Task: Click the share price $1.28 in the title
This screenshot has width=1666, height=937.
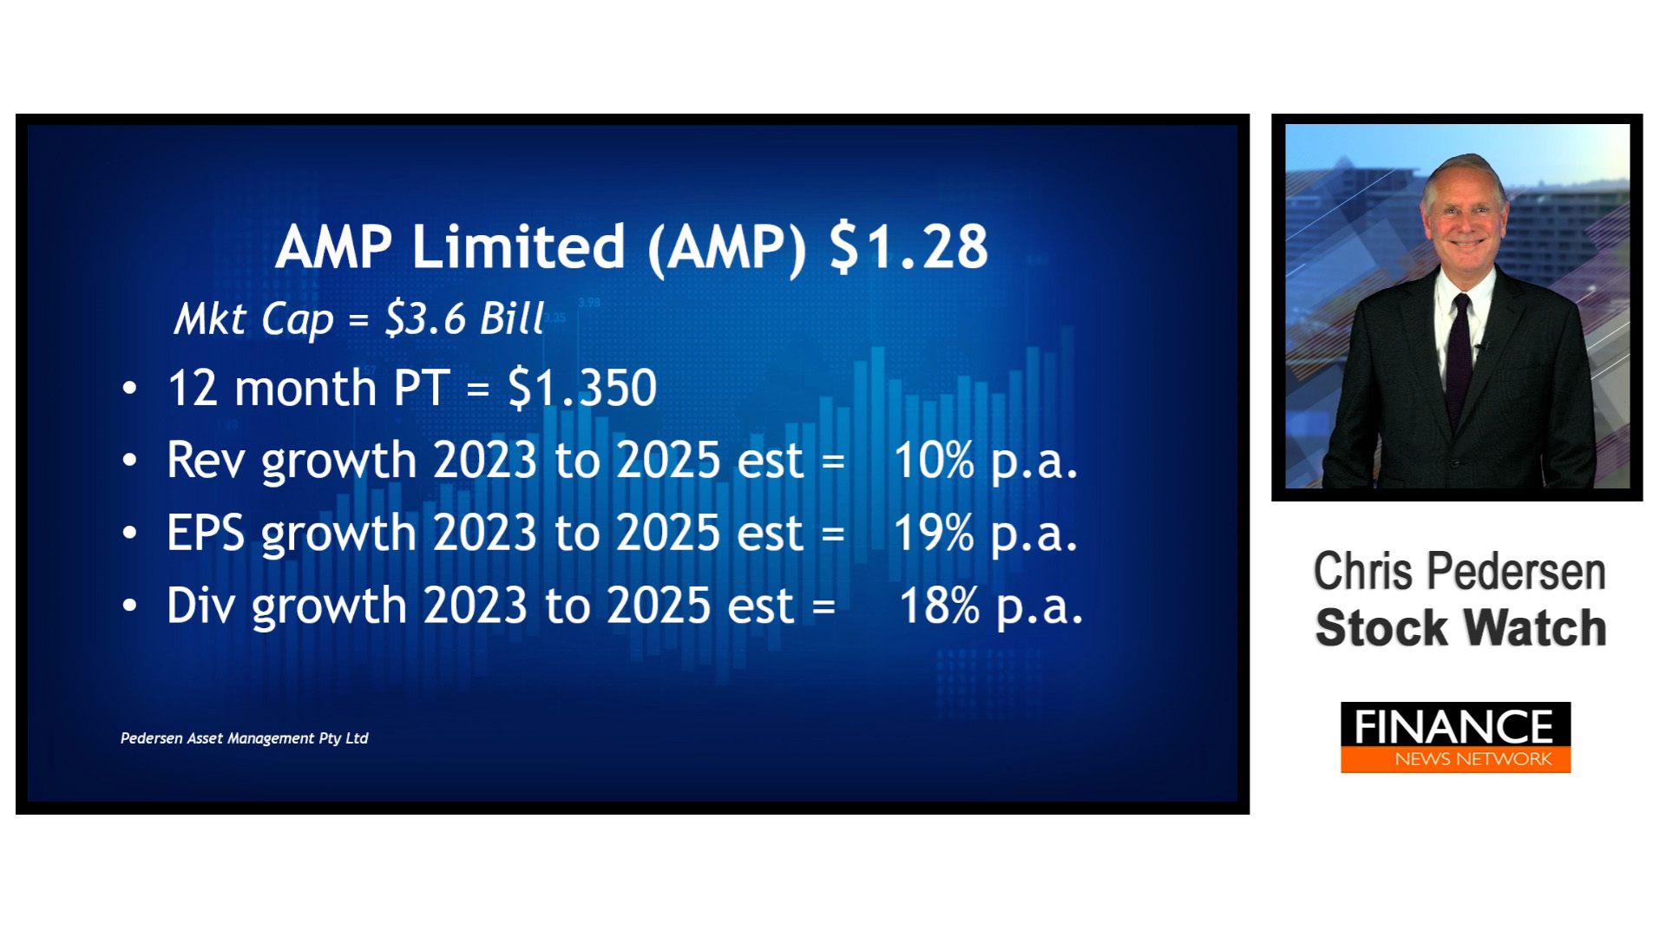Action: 908,246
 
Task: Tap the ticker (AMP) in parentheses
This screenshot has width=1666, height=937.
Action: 727,247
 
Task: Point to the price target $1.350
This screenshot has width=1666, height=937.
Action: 582,387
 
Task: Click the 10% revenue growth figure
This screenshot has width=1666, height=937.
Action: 934,460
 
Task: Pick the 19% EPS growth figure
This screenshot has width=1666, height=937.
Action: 934,533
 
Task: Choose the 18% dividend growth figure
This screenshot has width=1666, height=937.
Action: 939,606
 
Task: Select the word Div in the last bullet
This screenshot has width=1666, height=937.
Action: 200,606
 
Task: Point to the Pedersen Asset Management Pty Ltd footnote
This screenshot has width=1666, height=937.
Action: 245,738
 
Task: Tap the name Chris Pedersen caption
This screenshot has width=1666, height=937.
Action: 1459,571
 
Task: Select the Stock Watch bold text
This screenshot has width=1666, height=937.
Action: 1460,628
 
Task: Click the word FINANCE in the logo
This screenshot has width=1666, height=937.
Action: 1454,726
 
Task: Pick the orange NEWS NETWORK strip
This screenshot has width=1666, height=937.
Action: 1456,759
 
